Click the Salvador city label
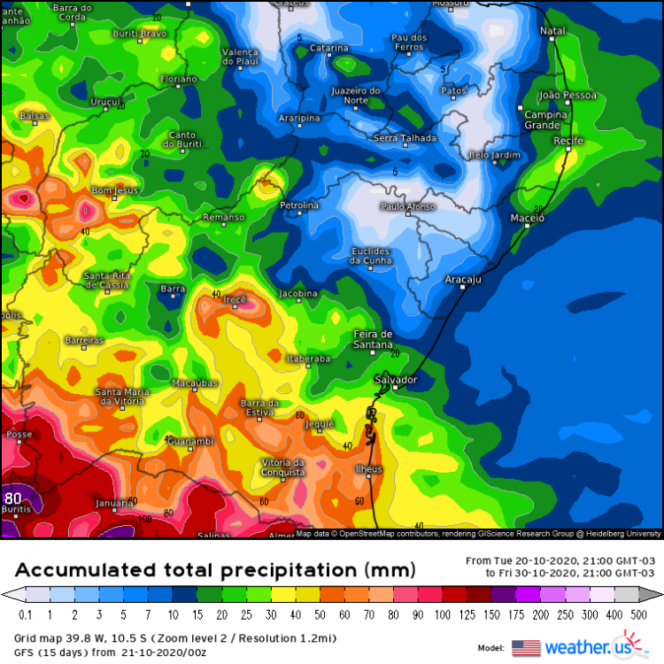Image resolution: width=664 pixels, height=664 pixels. point(395,380)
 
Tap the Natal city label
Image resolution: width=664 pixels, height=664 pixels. point(552,31)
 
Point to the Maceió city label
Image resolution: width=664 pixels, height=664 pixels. point(528,217)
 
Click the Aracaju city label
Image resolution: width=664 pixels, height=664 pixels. point(461,279)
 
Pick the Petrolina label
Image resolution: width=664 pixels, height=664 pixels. point(298,205)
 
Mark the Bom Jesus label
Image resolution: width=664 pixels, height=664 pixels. point(115,190)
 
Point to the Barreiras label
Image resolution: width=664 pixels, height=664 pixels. point(84,340)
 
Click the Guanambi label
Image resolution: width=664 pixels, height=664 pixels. point(190,441)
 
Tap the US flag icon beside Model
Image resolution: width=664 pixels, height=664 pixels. point(526,647)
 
